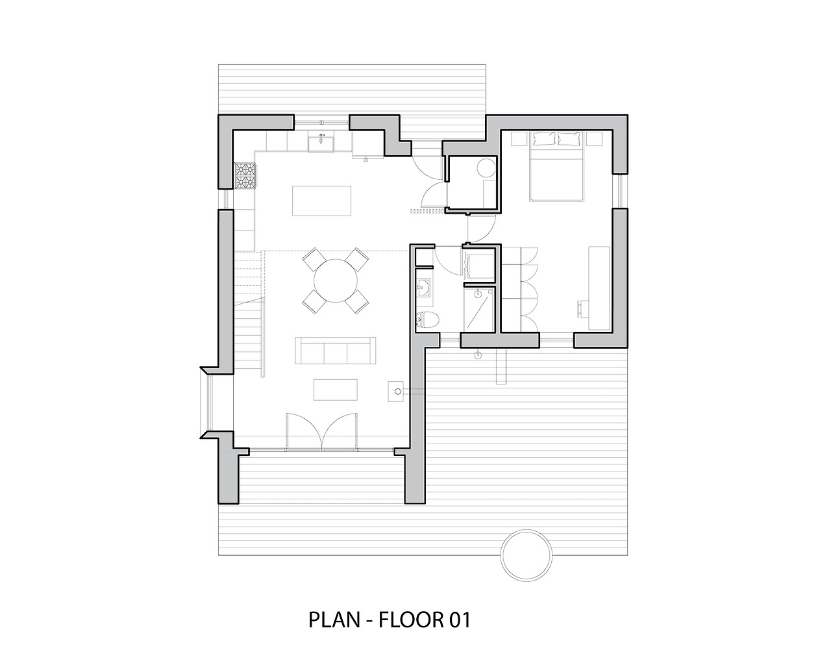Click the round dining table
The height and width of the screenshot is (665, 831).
[x=336, y=281]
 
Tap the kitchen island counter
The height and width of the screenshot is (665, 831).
[x=321, y=201]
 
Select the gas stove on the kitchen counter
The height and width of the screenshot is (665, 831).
[x=244, y=176]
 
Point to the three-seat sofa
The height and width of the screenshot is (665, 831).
[x=336, y=350]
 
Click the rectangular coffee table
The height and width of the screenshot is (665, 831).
[x=335, y=390]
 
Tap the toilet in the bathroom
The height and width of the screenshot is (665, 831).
[x=427, y=320]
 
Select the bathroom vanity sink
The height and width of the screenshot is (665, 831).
[x=424, y=288]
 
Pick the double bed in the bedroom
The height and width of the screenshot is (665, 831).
[x=556, y=166]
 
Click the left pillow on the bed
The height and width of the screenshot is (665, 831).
[x=543, y=138]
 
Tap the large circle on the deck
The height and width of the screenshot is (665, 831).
[x=526, y=555]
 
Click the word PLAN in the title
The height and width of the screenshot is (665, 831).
[x=334, y=620]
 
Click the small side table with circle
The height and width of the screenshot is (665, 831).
[x=396, y=392]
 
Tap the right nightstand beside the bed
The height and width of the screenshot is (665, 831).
[x=594, y=139]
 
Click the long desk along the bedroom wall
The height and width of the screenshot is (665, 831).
[x=599, y=288]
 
